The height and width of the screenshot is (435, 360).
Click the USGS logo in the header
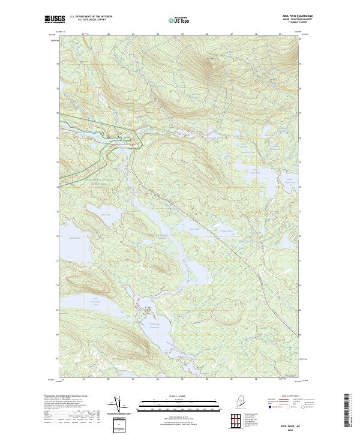[x=55, y=19]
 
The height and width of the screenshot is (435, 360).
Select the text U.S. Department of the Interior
[x=91, y=16]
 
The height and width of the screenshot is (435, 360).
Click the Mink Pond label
[x=194, y=228]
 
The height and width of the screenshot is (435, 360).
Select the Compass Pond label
[x=224, y=230]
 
